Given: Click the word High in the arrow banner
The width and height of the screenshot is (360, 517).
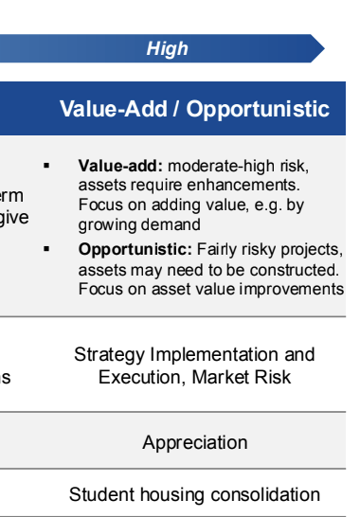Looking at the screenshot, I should [x=167, y=49].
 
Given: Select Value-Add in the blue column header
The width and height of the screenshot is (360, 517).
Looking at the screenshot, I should [x=111, y=109].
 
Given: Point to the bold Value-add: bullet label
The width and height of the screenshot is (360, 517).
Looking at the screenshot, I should [x=111, y=166].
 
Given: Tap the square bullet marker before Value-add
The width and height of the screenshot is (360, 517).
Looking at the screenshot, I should [x=46, y=166].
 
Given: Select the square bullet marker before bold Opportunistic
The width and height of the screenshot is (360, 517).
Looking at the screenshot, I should [x=46, y=250].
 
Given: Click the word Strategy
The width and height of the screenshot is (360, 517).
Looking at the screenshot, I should [x=108, y=355].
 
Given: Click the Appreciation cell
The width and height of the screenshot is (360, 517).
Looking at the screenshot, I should [x=195, y=442].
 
